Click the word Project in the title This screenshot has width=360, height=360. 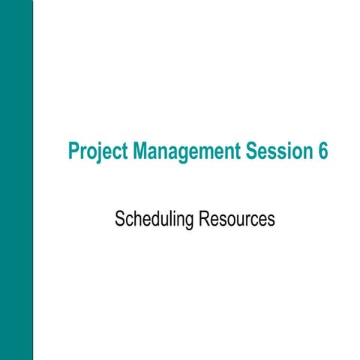click(97, 151)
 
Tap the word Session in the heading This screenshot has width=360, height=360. click(275, 151)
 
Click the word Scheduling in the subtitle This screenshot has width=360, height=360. click(154, 220)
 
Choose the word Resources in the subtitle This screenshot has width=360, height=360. click(238, 220)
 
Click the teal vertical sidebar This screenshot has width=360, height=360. click(16, 180)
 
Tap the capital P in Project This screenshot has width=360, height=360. click(73, 151)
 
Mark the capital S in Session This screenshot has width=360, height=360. click(250, 151)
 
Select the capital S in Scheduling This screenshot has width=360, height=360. click(119, 219)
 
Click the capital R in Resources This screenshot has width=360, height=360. click(204, 219)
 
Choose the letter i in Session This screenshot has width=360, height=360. click(284, 151)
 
